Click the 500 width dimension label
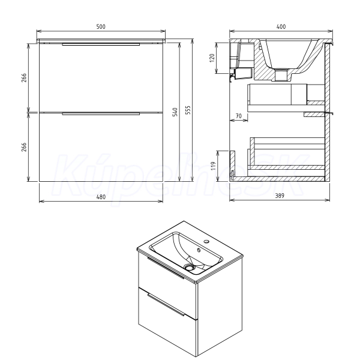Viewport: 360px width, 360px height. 101,26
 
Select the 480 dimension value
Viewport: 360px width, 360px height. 101,197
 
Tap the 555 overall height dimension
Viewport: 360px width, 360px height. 188,110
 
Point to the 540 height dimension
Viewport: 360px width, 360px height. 175,112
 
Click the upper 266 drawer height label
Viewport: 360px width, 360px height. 24,78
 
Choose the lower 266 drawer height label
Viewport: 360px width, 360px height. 24,147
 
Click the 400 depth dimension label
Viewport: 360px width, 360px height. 281,26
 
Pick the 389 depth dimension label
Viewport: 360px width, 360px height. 280,196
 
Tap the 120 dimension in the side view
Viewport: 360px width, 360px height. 212,58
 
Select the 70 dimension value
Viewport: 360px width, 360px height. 239,116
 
